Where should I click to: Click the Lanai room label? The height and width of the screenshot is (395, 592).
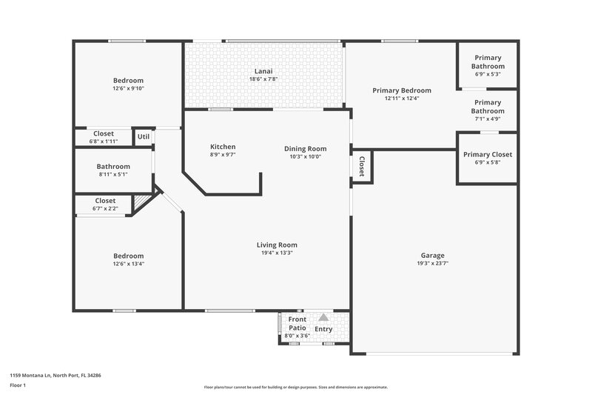[x=264, y=72]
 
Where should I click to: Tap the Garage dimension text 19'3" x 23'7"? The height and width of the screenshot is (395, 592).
[x=433, y=263]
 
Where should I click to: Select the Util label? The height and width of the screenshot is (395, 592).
[x=143, y=137]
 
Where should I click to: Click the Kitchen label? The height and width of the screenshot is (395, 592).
[x=223, y=147]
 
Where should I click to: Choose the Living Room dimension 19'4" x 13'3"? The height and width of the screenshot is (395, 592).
[x=277, y=253]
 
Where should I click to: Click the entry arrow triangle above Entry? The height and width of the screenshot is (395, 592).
[x=323, y=317]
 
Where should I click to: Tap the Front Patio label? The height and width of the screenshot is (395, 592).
[x=297, y=323]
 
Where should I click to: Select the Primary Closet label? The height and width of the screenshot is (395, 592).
[x=488, y=154]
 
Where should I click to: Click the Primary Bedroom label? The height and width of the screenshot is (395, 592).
[x=402, y=90]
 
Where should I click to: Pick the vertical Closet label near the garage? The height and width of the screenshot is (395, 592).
[x=362, y=167]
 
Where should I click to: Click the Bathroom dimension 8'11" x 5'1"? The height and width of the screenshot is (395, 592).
[x=113, y=175]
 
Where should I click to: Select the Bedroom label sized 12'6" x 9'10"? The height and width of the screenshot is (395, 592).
[x=128, y=81]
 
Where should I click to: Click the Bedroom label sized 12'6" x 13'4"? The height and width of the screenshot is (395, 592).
[x=128, y=256]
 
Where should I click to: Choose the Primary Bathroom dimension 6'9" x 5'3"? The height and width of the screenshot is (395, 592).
[x=489, y=74]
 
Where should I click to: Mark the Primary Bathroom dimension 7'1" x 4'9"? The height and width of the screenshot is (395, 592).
[x=488, y=119]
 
